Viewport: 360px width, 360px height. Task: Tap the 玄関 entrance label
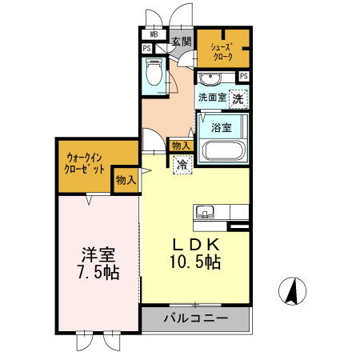(181, 41)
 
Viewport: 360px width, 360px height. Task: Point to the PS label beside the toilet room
(147, 49)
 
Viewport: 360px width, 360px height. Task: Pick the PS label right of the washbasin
(243, 76)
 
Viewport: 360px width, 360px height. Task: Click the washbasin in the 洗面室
(211, 78)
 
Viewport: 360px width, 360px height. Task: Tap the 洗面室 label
(212, 98)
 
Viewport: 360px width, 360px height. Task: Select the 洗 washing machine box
(238, 98)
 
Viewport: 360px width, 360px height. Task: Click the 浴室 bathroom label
(222, 127)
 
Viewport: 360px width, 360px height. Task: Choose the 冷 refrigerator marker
(182, 164)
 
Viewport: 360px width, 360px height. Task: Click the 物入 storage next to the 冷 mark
(181, 146)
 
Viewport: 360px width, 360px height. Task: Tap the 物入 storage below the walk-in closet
(126, 181)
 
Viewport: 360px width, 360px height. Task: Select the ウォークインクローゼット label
(86, 163)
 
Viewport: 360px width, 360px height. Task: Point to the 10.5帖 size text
(194, 261)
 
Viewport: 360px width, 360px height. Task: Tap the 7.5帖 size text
(98, 272)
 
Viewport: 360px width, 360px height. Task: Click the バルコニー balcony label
(196, 318)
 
